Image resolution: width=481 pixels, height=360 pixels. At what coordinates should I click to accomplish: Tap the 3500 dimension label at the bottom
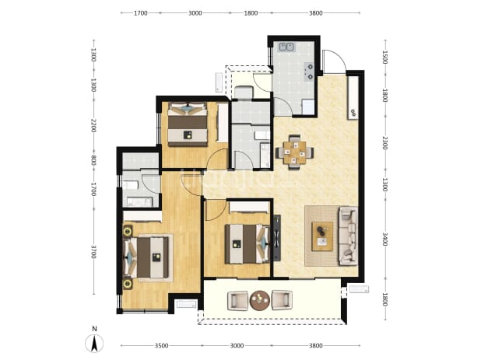(x=161, y=346)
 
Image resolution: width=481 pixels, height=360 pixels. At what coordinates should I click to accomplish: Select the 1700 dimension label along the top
(x=141, y=13)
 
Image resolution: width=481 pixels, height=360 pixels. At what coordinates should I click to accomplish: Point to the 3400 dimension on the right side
(x=385, y=239)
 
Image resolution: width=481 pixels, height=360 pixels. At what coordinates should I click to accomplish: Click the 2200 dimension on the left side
(x=93, y=126)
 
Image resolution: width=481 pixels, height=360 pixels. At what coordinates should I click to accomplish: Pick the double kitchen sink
(x=287, y=47)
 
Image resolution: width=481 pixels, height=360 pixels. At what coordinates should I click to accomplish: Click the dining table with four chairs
(x=294, y=152)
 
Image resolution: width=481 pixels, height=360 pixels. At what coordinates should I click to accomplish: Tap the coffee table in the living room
(x=322, y=236)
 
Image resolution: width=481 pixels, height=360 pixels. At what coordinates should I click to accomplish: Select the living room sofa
(x=348, y=236)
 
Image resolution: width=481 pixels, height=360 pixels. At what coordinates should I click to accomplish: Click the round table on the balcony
(x=260, y=300)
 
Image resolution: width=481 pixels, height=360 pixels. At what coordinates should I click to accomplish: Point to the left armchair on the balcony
(x=237, y=301)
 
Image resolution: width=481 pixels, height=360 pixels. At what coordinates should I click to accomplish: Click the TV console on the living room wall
(x=277, y=238)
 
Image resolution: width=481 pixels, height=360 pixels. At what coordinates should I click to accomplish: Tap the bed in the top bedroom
(x=188, y=124)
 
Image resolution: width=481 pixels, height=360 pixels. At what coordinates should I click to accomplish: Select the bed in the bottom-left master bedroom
(x=146, y=257)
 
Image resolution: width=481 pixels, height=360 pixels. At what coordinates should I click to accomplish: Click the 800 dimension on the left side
(x=93, y=160)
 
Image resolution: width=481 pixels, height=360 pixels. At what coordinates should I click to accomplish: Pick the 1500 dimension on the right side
(x=385, y=58)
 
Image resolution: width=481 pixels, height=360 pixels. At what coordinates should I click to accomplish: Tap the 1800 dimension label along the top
(x=251, y=13)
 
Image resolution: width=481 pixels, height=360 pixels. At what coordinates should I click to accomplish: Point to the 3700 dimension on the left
(x=93, y=252)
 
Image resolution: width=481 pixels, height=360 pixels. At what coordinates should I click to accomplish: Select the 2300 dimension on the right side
(x=385, y=143)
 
